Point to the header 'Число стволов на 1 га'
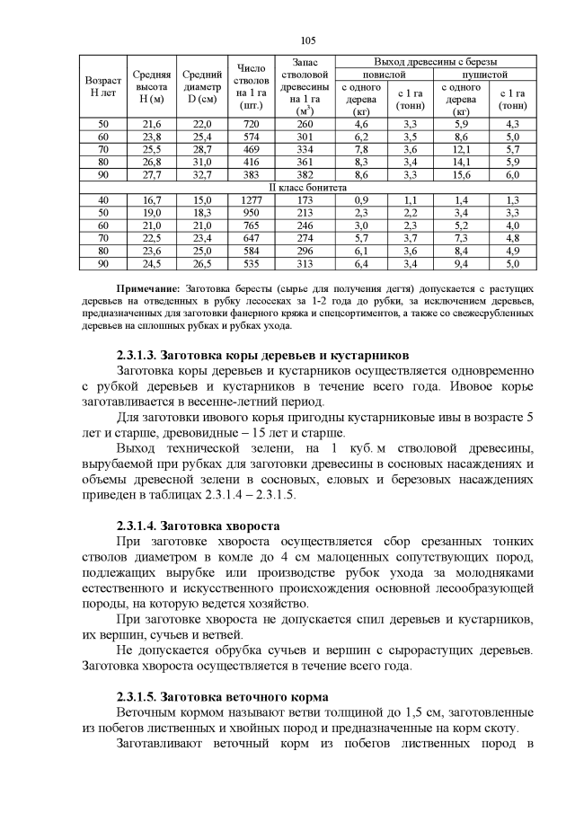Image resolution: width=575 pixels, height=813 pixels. pos(251,86)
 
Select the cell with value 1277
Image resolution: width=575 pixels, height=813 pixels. pos(251,199)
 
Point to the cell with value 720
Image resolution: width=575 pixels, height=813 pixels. pos(251,123)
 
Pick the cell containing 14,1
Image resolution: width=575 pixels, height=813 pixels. pos(462,162)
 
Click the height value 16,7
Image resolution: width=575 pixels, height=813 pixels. pos(151,199)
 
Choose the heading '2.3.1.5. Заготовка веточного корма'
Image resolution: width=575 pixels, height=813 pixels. pos(221,696)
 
